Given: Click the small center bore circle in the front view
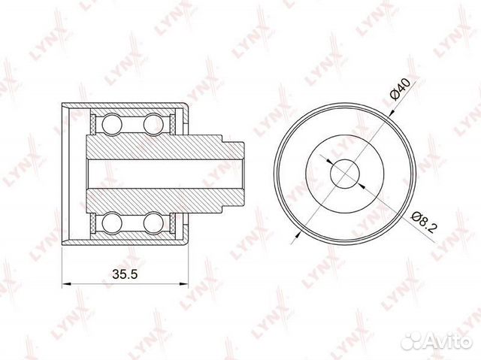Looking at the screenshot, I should pyautogui.click(x=344, y=173).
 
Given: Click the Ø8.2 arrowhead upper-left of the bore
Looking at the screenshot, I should pyautogui.click(x=328, y=159).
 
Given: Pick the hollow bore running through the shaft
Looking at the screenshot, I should pyautogui.click(x=158, y=173).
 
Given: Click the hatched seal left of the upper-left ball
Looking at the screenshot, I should pyautogui.click(x=95, y=123).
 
